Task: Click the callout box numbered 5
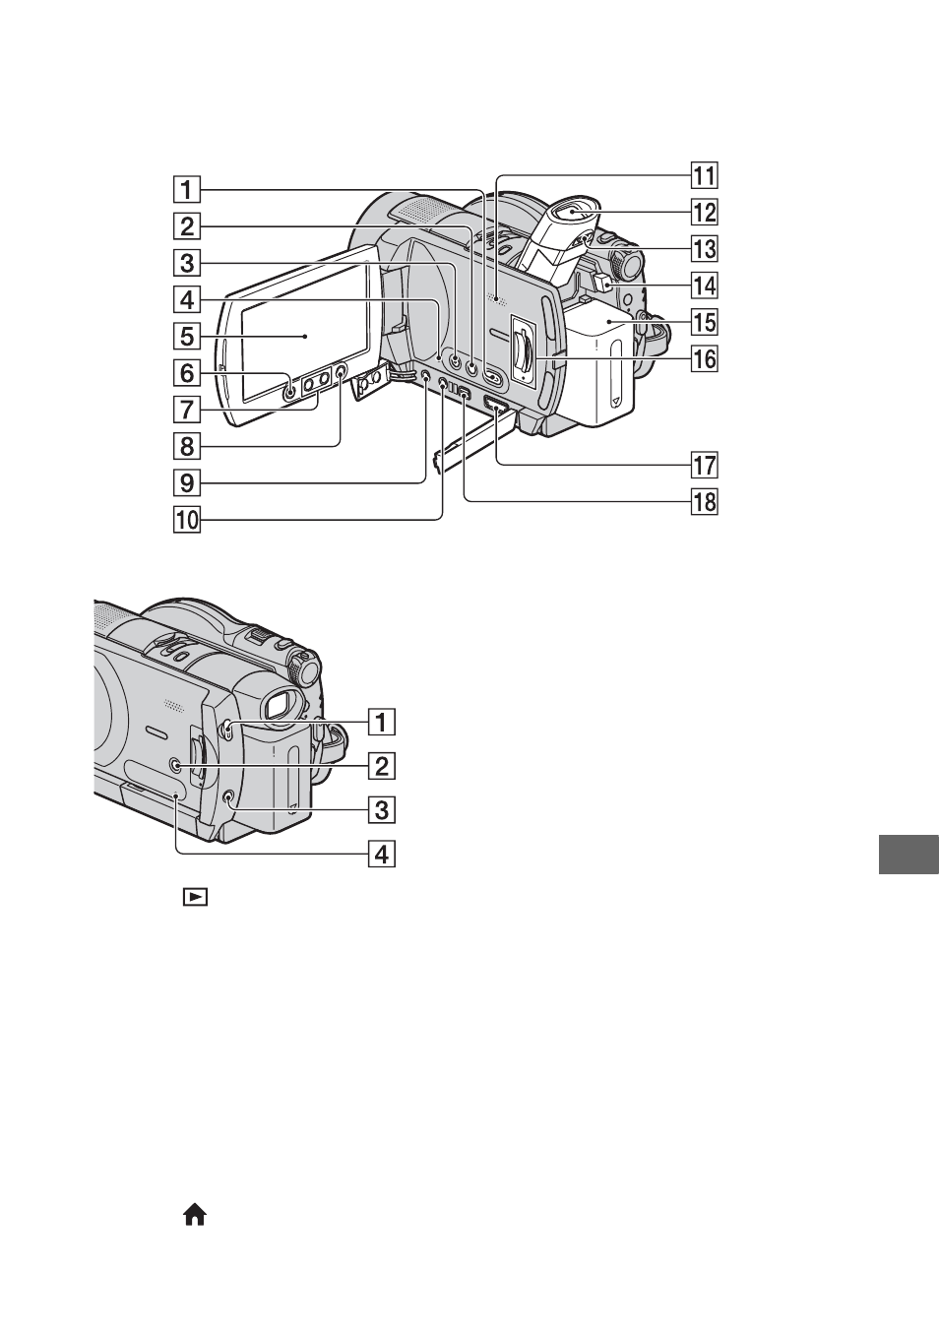coord(187,336)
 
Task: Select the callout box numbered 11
coord(704,175)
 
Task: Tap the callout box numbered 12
coord(704,212)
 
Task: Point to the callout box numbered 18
coord(704,502)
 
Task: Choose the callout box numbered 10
coord(187,519)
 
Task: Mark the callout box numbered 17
coord(704,465)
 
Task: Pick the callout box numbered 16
coord(704,358)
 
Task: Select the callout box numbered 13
coord(704,248)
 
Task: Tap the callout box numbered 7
coord(187,410)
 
